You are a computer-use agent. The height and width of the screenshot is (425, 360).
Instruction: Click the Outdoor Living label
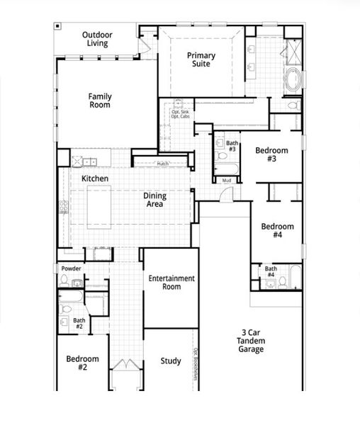[98, 39]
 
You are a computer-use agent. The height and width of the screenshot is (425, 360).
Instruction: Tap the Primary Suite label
[201, 59]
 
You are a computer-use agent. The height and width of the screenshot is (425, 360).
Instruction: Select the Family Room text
[100, 101]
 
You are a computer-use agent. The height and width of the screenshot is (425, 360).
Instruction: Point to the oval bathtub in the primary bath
[293, 81]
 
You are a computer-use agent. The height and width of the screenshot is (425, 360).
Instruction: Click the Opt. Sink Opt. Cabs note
[180, 113]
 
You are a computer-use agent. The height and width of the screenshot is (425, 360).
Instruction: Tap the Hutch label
[162, 164]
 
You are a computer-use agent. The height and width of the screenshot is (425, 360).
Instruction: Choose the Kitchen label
[95, 178]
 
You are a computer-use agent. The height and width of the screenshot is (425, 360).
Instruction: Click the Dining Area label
[154, 200]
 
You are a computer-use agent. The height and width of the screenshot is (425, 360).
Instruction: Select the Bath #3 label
[232, 147]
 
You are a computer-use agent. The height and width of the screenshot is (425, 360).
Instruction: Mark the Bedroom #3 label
[271, 154]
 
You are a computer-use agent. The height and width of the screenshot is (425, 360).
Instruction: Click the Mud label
[227, 181]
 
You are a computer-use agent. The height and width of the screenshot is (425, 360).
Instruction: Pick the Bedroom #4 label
[277, 230]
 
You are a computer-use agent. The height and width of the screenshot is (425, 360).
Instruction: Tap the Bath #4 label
[271, 272]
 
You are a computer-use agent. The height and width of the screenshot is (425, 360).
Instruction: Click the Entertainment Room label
[171, 283]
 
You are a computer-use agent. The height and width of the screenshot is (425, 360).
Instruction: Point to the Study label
[170, 361]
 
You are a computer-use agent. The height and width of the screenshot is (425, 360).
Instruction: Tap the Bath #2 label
[79, 324]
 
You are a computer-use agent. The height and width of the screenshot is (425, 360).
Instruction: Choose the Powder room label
[71, 269]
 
